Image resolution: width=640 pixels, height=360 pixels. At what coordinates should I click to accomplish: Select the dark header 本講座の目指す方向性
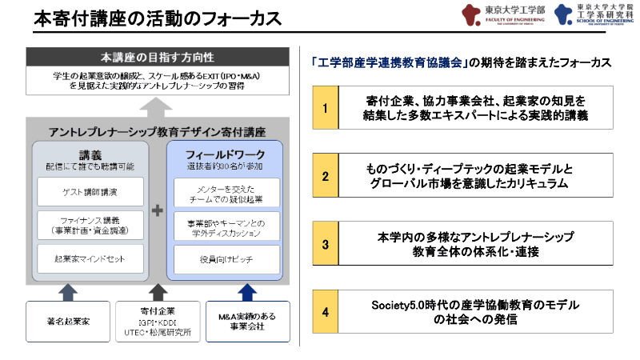157,58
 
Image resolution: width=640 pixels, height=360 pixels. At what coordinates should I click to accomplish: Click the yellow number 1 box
325,108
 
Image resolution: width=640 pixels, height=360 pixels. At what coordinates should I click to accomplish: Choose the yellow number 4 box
325,311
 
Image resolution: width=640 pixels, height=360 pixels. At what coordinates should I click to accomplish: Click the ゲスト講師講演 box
90,192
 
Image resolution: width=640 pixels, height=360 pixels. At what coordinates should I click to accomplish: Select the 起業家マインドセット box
90,259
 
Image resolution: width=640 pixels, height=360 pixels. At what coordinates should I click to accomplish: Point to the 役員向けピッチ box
226,259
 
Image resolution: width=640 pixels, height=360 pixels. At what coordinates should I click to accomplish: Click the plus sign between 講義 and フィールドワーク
158,210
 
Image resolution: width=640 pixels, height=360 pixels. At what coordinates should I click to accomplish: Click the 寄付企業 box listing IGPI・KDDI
157,321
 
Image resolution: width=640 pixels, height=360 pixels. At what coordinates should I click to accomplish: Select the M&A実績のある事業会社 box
246,321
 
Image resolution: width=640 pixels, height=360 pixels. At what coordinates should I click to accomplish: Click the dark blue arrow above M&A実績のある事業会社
247,290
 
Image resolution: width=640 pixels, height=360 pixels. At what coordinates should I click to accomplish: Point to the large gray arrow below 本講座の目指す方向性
158,105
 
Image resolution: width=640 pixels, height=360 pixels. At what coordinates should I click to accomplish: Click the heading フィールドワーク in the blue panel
225,153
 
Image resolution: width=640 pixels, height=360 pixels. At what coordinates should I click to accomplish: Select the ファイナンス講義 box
90,226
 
